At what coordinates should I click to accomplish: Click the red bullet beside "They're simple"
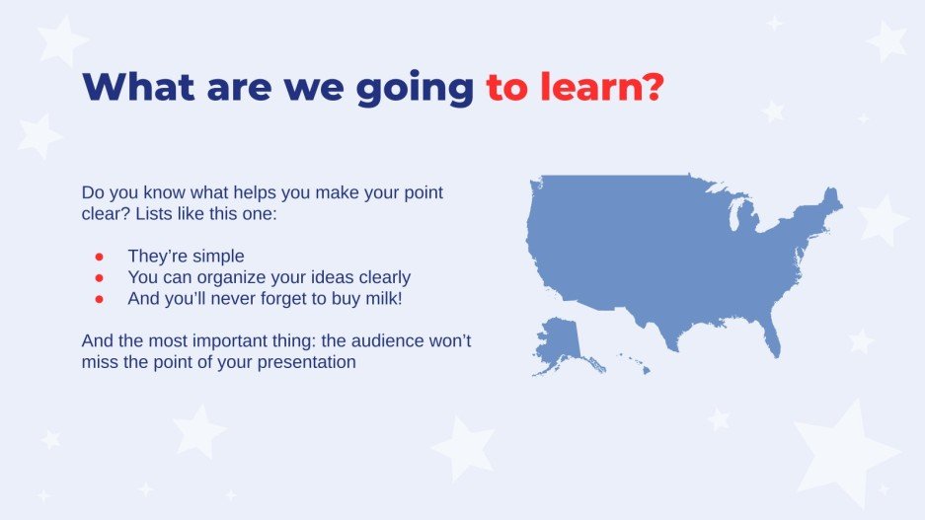pyautogui.click(x=99, y=257)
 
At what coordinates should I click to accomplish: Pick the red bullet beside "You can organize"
pyautogui.click(x=99, y=277)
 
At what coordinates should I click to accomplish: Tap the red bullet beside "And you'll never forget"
pyautogui.click(x=99, y=298)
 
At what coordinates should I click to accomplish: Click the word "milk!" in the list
pyautogui.click(x=381, y=298)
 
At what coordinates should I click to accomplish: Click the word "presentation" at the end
pyautogui.click(x=309, y=362)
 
